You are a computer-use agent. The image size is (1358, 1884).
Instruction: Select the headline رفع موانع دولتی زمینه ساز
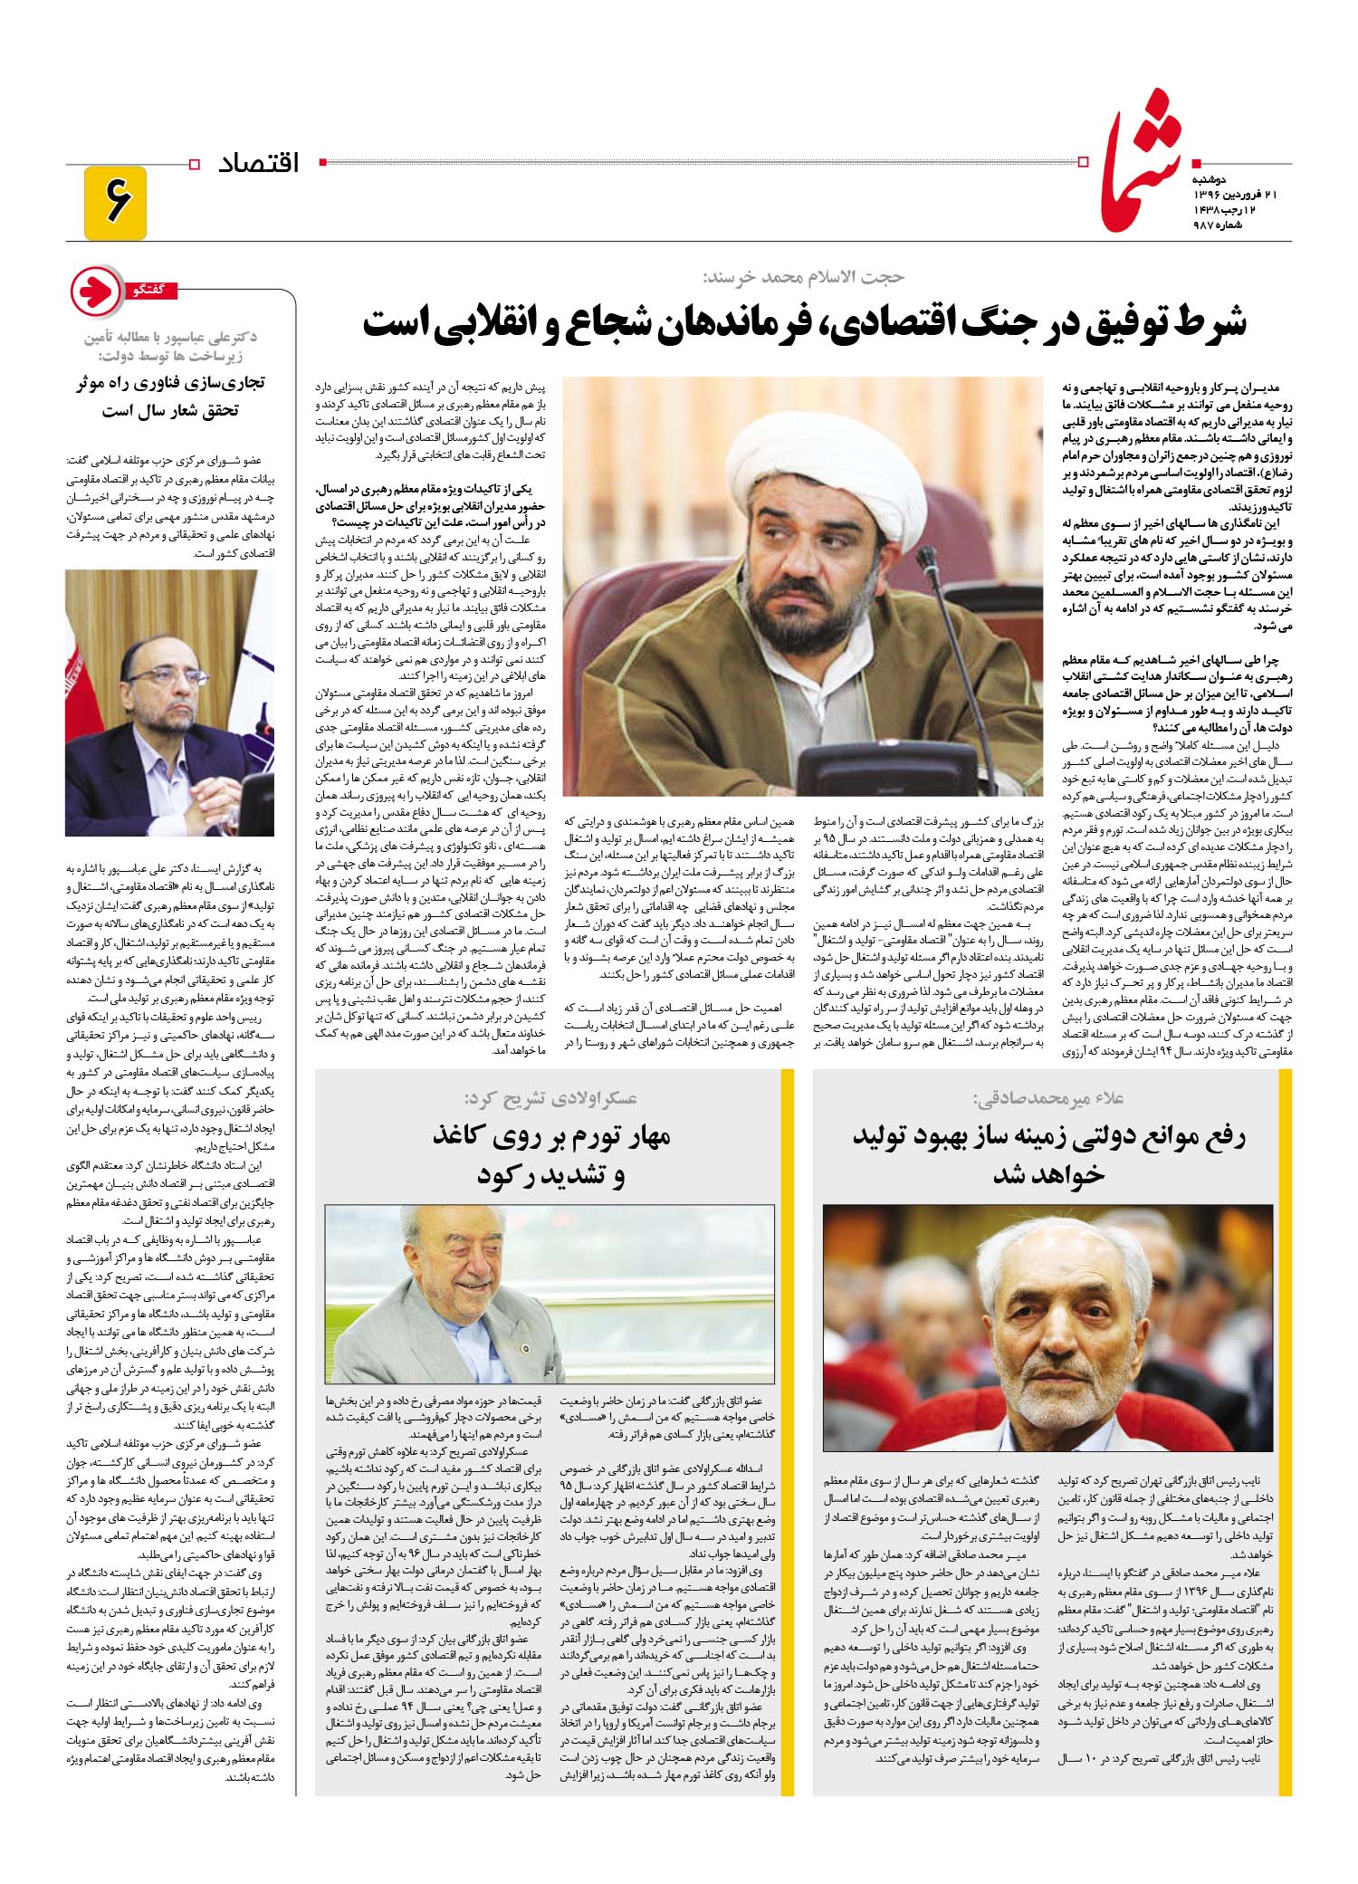1048,1137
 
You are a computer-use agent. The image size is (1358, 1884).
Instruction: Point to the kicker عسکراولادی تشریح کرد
551,1097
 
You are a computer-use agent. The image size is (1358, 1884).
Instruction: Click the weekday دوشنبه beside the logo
1221,178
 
